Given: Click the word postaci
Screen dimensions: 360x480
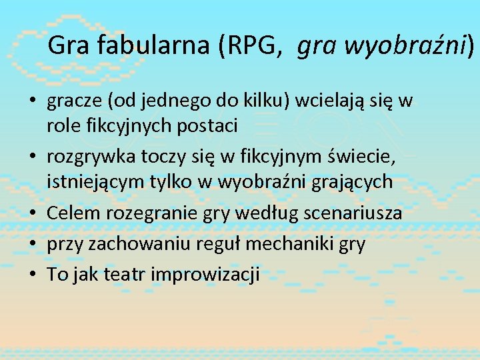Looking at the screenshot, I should click(206, 125).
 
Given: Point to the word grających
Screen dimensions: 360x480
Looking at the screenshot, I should click(353, 182).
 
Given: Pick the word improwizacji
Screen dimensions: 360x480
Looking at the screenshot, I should click(205, 274).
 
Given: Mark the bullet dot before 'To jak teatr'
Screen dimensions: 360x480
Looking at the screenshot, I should click(32, 274).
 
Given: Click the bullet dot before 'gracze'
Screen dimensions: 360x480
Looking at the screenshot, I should click(32, 102).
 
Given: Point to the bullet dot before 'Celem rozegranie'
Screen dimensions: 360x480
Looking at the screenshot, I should click(32, 213).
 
